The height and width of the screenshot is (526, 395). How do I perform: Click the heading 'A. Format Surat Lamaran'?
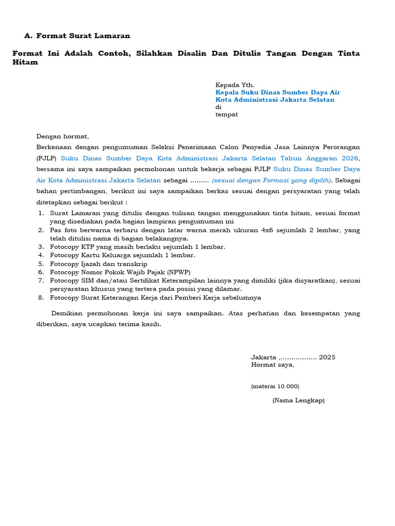click(x=77, y=36)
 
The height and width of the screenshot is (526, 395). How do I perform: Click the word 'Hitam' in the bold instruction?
click(x=25, y=62)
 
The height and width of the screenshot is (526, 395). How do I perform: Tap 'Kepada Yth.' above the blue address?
click(x=235, y=85)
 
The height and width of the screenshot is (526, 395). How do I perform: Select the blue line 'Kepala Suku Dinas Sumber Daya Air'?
click(x=277, y=92)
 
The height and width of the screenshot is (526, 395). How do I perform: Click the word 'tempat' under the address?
click(x=226, y=115)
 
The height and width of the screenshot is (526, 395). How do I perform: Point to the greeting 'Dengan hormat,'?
click(x=62, y=136)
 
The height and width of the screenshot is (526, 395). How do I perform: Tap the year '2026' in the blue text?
click(x=348, y=158)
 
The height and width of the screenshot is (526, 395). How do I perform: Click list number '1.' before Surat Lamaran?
click(x=41, y=213)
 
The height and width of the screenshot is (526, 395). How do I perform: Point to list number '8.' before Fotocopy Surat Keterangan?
click(x=41, y=298)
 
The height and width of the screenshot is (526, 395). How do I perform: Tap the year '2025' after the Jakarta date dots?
click(x=327, y=357)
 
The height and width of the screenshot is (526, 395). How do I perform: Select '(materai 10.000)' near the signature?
click(x=275, y=386)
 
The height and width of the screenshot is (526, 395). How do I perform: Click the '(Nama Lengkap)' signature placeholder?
click(x=298, y=401)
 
